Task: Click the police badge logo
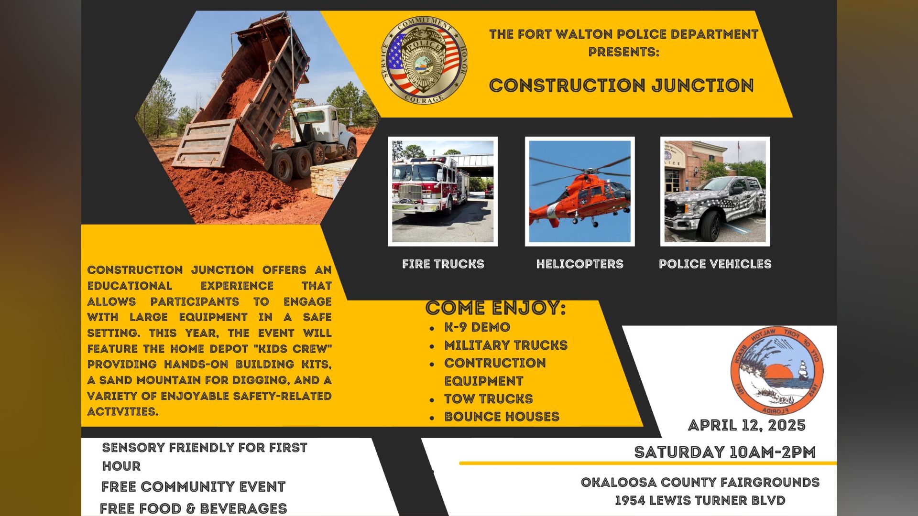[424, 61]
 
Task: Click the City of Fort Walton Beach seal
[776, 370]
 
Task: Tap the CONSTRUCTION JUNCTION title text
[621, 86]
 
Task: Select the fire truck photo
[443, 192]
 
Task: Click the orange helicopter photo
[579, 192]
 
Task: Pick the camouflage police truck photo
[715, 192]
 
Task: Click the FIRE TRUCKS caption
[443, 264]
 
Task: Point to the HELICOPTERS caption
[579, 264]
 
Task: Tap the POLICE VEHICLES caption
[715, 264]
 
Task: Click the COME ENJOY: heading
[495, 308]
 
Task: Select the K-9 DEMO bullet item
[477, 327]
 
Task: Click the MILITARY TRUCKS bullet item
[505, 345]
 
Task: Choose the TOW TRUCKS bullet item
[488, 399]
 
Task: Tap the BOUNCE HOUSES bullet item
[502, 417]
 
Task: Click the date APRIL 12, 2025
[746, 425]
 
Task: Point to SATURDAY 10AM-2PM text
[724, 452]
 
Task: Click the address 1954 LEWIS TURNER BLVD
[700, 501]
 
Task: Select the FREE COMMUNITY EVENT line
[193, 487]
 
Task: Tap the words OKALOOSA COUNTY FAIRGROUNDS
[700, 483]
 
